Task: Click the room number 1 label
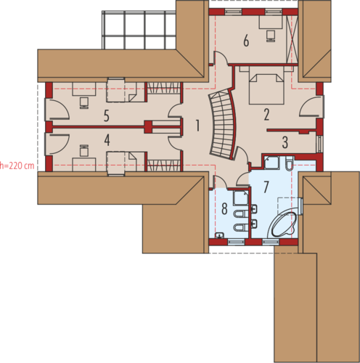point(197,126)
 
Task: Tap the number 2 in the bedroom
point(266,115)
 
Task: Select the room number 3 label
point(285,142)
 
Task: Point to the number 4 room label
point(107,140)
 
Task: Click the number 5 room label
point(107,115)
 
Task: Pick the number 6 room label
point(246,41)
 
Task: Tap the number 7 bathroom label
point(266,187)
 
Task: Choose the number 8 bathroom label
point(224,208)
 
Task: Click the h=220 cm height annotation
point(17,166)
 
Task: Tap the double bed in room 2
point(266,89)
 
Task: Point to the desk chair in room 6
point(271,36)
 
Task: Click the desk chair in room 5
point(84,103)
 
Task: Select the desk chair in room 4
point(84,150)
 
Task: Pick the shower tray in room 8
point(240,198)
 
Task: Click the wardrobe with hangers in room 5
point(164,88)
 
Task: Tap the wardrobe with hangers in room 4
point(164,166)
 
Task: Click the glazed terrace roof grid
point(139,30)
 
